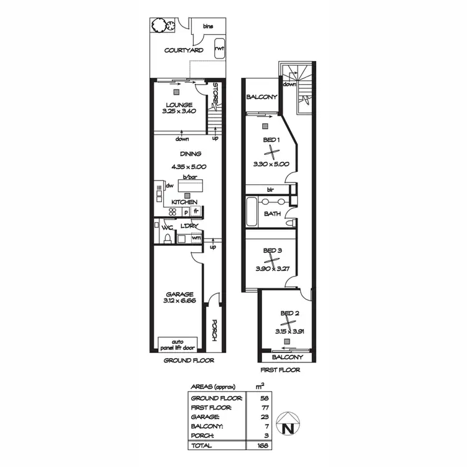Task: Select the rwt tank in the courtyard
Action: (x=219, y=49)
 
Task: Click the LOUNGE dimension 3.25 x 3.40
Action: (x=178, y=111)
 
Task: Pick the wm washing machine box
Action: (x=196, y=237)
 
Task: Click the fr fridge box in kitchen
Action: (x=195, y=212)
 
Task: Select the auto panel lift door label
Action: (x=178, y=344)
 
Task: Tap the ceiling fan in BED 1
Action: (x=269, y=149)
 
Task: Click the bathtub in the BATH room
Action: (x=251, y=212)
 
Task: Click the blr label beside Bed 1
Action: (x=271, y=189)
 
